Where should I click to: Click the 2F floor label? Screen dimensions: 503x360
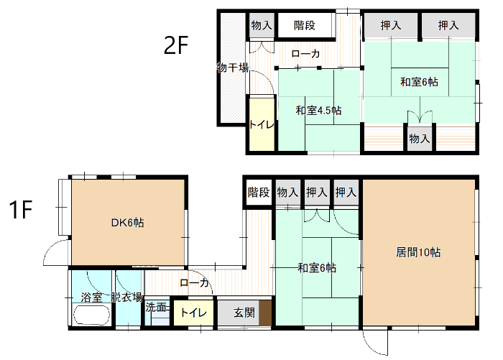tap(176, 45)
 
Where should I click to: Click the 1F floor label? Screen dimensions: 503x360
tap(21, 210)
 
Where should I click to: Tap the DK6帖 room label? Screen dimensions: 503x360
tap(128, 222)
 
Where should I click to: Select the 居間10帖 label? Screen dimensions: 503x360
tap(418, 252)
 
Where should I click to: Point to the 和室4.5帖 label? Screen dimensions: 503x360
tap(318, 111)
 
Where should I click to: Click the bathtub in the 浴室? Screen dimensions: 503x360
tap(92, 315)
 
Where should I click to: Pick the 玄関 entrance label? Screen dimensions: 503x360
tap(244, 312)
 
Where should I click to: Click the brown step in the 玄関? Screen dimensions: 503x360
tap(265, 313)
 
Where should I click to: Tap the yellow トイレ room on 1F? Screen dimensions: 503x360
tap(193, 313)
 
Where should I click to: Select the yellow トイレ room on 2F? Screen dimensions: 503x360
tap(262, 124)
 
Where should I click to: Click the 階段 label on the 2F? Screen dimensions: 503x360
tap(305, 25)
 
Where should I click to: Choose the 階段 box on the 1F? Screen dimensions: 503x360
tap(259, 193)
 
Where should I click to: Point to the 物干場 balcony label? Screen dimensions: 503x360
tap(233, 68)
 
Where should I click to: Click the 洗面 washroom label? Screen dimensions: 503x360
tap(156, 308)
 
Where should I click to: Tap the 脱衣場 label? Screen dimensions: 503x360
tap(126, 297)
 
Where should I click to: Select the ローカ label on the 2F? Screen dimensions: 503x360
tap(305, 54)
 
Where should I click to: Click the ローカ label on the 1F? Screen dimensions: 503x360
tap(195, 282)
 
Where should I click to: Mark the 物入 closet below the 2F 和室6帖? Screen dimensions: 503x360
tap(419, 138)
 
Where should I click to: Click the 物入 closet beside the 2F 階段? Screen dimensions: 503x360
tap(262, 25)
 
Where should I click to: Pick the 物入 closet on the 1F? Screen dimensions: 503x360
tap(287, 193)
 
